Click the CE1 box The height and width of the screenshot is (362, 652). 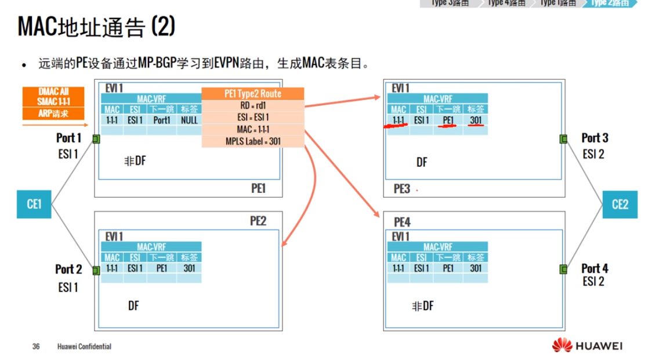(x=34, y=205)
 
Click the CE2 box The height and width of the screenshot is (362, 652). (x=619, y=205)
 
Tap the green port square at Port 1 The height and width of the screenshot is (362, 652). (x=96, y=139)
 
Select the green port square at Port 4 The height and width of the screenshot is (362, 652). (x=563, y=269)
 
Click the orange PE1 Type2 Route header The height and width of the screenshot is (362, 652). (x=252, y=94)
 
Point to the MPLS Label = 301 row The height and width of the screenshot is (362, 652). (x=252, y=141)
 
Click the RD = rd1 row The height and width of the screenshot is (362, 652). (x=252, y=106)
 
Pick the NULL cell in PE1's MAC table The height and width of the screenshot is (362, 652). (x=189, y=120)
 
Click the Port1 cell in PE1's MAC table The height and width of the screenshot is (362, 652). (x=162, y=120)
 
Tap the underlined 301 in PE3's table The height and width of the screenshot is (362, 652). (x=476, y=120)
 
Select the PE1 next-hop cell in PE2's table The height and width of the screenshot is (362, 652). (x=162, y=268)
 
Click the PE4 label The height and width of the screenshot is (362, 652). (x=402, y=222)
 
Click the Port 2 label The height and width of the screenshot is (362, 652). (x=68, y=270)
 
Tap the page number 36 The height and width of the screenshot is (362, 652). (x=36, y=347)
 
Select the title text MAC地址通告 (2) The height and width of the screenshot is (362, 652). (x=96, y=27)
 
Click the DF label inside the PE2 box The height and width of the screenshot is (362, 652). (x=133, y=305)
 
